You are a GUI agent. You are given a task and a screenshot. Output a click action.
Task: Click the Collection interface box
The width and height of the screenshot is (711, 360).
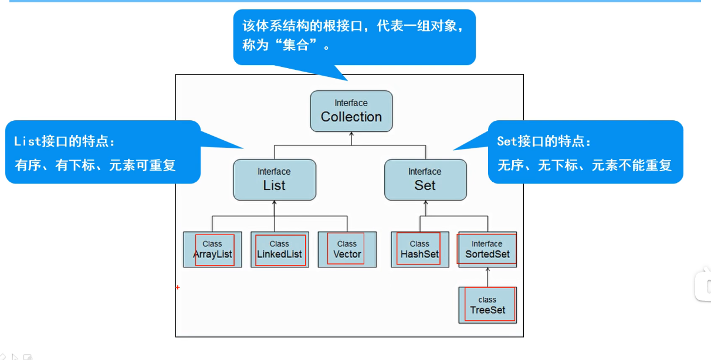click(x=351, y=111)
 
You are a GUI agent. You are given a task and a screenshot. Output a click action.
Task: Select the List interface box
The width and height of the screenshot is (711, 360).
click(x=274, y=179)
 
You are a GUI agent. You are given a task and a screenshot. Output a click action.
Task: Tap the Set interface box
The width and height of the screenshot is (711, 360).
click(x=425, y=179)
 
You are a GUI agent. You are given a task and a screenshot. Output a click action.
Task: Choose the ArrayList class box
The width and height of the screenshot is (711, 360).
click(x=212, y=249)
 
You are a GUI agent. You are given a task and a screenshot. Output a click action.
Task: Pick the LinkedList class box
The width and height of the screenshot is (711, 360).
click(x=279, y=249)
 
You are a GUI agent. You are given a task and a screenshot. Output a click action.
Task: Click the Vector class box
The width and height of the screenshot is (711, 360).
click(x=347, y=249)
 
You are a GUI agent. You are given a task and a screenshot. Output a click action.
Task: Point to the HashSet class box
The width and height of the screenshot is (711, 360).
click(x=419, y=249)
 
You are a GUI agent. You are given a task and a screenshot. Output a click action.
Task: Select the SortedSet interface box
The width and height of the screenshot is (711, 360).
click(x=487, y=249)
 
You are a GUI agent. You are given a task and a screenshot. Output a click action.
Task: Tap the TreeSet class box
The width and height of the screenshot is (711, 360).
click(x=487, y=305)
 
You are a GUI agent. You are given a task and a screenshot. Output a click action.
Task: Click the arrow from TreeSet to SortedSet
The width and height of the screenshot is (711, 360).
click(x=487, y=277)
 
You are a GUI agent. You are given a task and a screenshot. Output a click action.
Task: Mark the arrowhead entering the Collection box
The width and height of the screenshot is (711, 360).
click(x=351, y=135)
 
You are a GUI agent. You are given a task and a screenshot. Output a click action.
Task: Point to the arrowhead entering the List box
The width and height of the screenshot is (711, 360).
click(x=274, y=203)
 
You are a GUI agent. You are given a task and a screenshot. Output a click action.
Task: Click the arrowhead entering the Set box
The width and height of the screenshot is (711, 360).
click(x=425, y=203)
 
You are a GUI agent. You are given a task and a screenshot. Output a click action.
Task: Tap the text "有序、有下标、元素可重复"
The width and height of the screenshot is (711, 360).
click(x=95, y=165)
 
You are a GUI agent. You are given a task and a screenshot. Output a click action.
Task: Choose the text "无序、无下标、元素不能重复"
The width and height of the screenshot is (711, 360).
click(x=584, y=165)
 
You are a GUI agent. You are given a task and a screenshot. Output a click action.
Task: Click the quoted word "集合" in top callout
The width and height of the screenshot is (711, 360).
click(x=296, y=45)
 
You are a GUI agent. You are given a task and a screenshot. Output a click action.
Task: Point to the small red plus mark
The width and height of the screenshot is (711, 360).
click(x=177, y=287)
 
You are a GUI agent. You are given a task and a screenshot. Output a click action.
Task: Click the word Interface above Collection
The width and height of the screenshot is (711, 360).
click(x=351, y=103)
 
